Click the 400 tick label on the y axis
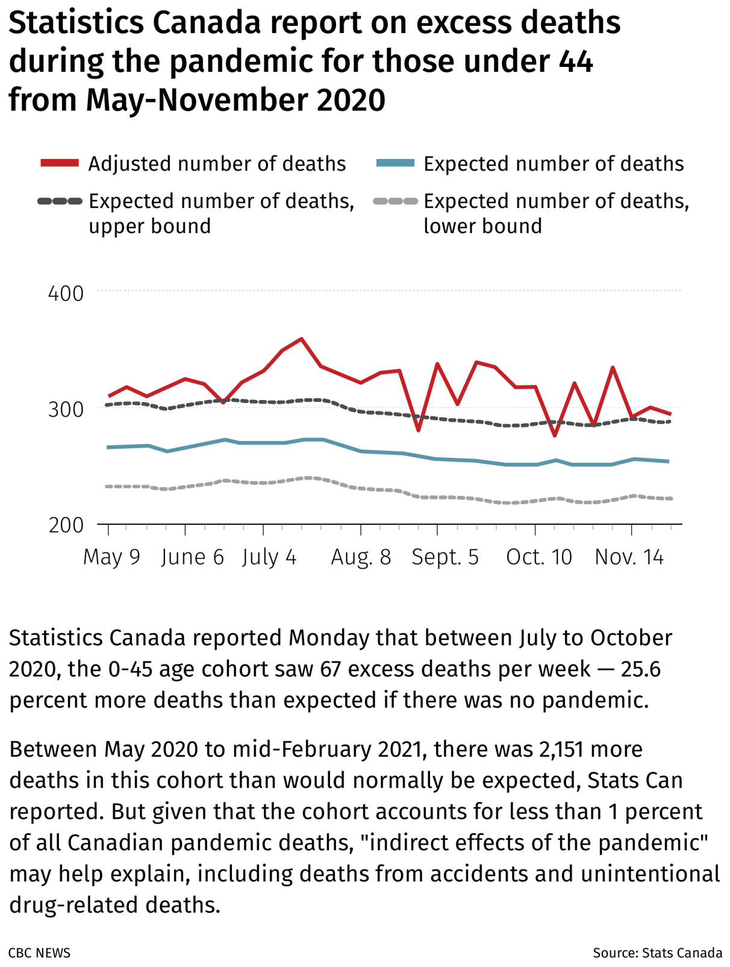[66, 294]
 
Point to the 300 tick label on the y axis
[66, 410]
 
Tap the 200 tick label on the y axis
[66, 525]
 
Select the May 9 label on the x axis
[111, 557]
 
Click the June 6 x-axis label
[192, 557]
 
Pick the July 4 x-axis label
[269, 557]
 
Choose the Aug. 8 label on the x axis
[361, 557]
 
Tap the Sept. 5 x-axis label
[445, 557]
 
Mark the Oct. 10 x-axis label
[539, 557]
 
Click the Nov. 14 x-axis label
[629, 557]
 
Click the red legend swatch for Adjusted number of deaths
[60, 163]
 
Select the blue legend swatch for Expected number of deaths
[395, 163]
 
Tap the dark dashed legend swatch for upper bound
[60, 201]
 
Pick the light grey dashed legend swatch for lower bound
[395, 201]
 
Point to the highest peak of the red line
[301, 339]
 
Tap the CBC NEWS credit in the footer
[40, 953]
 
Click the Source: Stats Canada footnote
[657, 953]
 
